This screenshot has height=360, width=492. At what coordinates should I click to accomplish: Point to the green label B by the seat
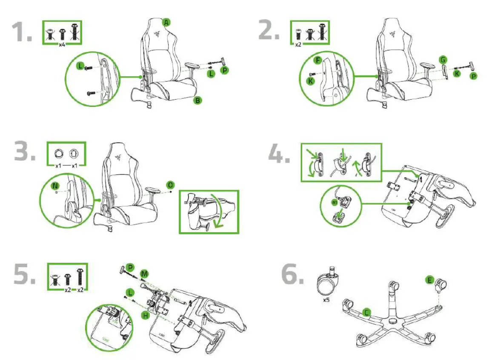tap(197, 101)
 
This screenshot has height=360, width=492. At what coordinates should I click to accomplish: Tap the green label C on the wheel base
tap(366, 313)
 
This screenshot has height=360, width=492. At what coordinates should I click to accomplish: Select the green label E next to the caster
tap(430, 280)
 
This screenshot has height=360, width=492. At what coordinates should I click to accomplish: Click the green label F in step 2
tap(317, 60)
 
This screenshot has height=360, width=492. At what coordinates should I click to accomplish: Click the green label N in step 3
tap(55, 186)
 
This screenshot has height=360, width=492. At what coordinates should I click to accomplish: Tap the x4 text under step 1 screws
tap(62, 45)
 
